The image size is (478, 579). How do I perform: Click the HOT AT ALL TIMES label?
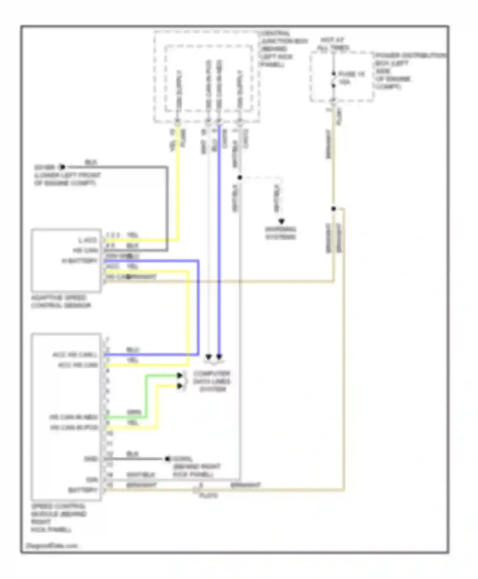[332, 44]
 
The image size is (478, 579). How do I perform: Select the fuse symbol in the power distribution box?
[333, 79]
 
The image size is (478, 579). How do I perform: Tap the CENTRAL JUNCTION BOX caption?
[284, 49]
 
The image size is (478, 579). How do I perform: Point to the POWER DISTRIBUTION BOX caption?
[410, 71]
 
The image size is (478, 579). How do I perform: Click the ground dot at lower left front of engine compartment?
[62, 167]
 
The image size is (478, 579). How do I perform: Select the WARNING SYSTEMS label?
[280, 233]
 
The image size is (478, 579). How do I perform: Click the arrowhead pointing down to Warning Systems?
[281, 221]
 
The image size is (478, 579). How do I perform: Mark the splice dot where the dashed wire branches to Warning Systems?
[240, 177]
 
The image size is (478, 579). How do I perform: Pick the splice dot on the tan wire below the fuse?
[333, 209]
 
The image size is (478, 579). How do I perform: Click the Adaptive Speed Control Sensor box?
[66, 260]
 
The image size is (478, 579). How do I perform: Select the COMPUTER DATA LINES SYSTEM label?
[212, 381]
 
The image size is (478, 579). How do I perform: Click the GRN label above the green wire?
[134, 412]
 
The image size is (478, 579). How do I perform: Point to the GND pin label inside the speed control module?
[91, 459]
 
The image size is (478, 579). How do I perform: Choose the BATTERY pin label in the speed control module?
[83, 490]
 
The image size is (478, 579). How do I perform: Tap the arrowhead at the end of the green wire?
[180, 375]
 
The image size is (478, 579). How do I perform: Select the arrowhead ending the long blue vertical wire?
[219, 357]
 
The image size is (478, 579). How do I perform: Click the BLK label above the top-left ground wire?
[91, 162]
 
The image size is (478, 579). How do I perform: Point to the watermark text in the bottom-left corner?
[51, 545]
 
